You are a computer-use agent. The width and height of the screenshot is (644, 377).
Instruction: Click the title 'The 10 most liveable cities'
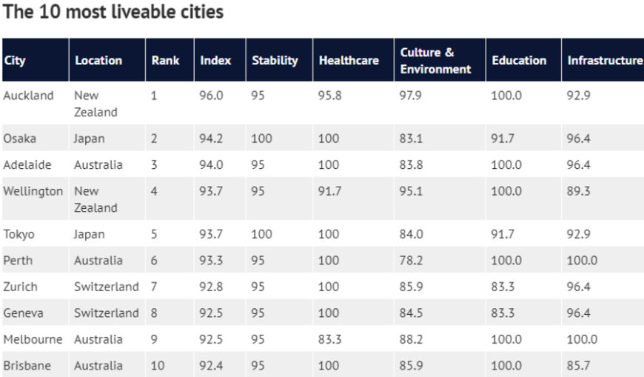coord(113,13)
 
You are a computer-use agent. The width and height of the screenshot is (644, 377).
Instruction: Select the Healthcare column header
coord(348,61)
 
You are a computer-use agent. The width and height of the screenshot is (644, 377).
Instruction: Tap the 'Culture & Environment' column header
coord(435,61)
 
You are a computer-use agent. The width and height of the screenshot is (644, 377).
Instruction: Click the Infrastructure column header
coord(604,61)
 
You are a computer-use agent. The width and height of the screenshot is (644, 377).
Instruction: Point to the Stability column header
coord(275,61)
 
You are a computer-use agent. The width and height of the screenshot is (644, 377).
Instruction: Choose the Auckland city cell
coord(29,96)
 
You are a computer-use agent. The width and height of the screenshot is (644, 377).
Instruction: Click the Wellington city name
coord(33,191)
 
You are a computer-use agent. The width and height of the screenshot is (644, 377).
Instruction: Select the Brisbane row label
coord(27,365)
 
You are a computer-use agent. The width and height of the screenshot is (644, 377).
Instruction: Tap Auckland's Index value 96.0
coord(212,96)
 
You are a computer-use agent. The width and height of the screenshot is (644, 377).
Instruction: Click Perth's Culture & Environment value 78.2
coord(412,261)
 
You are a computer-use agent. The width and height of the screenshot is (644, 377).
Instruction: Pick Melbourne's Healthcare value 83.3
coord(330,339)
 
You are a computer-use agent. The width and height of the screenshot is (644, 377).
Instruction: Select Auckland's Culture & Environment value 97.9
coord(412,96)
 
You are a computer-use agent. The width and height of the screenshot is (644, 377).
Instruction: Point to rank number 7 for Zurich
coord(154,287)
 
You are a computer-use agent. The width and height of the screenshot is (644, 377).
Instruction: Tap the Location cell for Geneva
coord(106,313)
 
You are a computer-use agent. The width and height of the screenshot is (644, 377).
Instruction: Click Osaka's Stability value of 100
coord(261,139)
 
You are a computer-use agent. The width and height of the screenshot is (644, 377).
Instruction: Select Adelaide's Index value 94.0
coord(212,164)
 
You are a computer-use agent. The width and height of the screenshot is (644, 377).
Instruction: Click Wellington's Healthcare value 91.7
coord(330,191)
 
